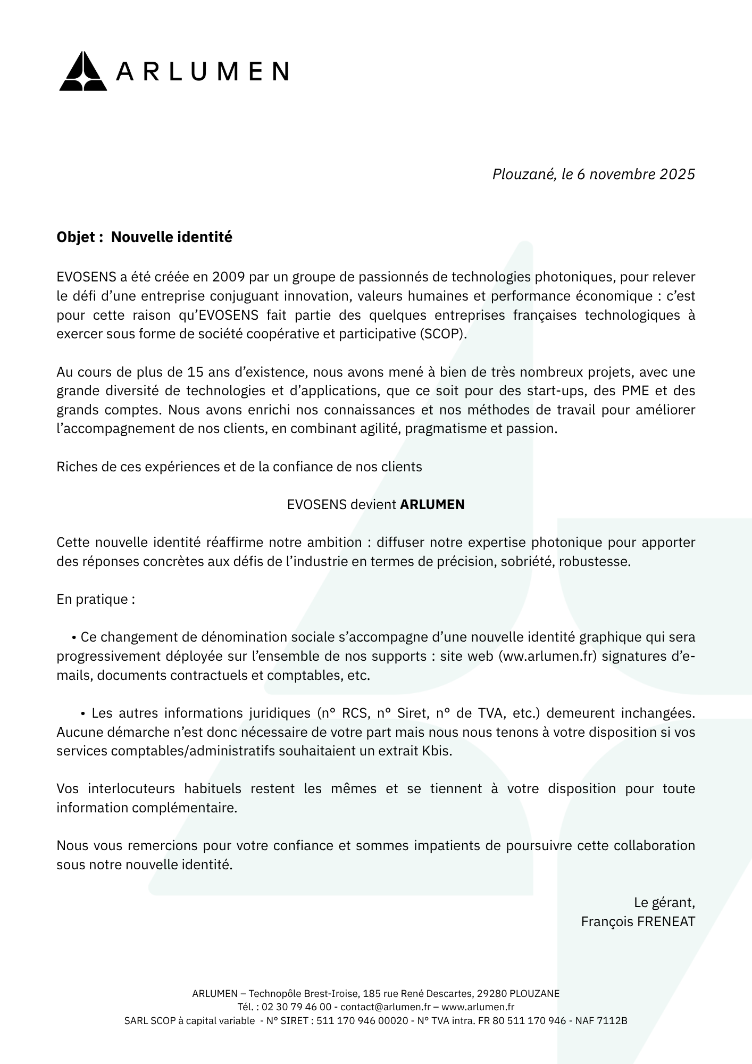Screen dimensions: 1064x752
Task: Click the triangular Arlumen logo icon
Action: [x=82, y=71]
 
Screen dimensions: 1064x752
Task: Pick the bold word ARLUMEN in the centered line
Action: [x=432, y=505]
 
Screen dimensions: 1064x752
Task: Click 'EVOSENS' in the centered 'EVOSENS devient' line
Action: [x=316, y=505]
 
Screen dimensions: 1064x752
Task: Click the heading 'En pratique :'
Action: [x=96, y=600]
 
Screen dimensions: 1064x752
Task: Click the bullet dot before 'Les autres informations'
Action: [x=83, y=713]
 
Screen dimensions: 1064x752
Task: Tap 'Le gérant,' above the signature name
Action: [x=664, y=903]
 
